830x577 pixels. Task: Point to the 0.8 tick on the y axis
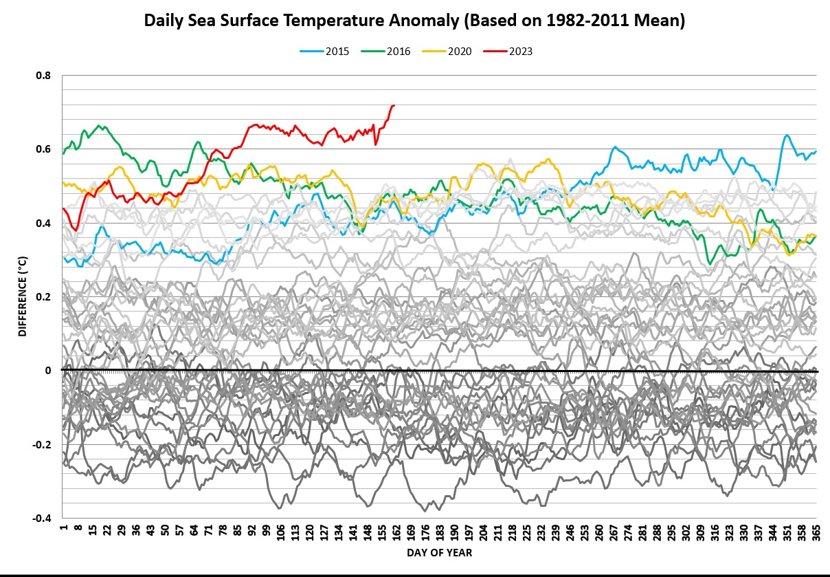(45, 76)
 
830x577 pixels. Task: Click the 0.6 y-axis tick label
(45, 149)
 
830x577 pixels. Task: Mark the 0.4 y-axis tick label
(45, 224)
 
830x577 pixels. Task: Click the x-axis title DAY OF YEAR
(439, 553)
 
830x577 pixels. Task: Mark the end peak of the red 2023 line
(393, 105)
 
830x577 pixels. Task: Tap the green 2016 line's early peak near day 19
(100, 125)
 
